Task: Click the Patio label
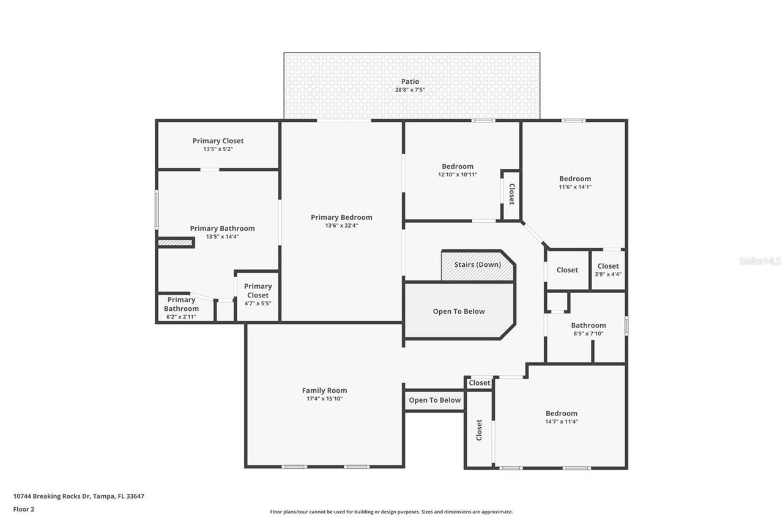pos(410,81)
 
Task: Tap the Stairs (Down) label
pos(477,265)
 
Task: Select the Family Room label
pos(324,390)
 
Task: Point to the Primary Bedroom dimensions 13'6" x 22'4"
pos(341,225)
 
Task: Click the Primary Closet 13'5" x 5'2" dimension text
pos(218,149)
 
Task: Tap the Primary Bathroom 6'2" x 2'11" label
pos(181,308)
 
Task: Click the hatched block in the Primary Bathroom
pos(176,243)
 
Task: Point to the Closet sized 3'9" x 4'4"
pos(607,270)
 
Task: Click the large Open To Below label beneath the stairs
pos(458,311)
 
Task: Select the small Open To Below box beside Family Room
pos(434,400)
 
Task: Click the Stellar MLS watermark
pos(759,261)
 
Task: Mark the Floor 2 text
pos(24,509)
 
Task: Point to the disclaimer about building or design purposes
pos(391,512)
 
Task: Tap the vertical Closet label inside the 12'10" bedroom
pos(511,194)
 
